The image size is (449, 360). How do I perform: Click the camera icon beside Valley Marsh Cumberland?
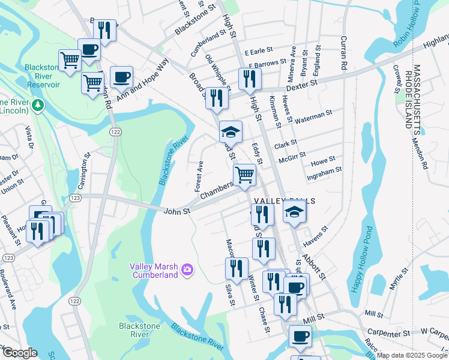click(187, 270)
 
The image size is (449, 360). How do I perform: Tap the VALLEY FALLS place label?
click(276, 201)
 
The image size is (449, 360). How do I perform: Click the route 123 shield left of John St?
click(76, 197)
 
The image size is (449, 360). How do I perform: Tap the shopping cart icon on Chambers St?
click(244, 175)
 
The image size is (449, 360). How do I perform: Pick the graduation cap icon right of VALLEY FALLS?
click(294, 212)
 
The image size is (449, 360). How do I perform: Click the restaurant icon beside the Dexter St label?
click(249, 78)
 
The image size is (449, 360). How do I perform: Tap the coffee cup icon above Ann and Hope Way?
click(121, 76)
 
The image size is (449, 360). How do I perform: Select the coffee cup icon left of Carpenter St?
click(300, 335)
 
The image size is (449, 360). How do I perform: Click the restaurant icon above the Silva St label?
click(237, 267)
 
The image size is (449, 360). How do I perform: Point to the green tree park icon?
click(38, 106)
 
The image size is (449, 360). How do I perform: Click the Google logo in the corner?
click(20, 353)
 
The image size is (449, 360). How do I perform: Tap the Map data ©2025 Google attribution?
click(412, 355)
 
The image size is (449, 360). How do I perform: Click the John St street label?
click(177, 211)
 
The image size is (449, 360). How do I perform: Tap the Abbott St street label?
click(314, 265)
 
